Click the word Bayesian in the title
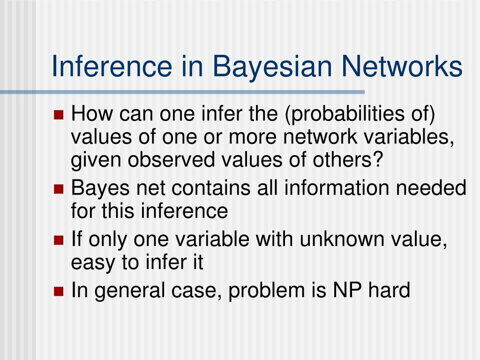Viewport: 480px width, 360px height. [x=277, y=67]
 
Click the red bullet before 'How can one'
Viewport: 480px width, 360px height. [x=59, y=115]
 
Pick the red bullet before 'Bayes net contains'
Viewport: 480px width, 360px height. [x=59, y=189]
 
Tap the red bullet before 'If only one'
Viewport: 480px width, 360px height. [x=59, y=241]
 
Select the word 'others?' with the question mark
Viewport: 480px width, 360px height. [x=352, y=160]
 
